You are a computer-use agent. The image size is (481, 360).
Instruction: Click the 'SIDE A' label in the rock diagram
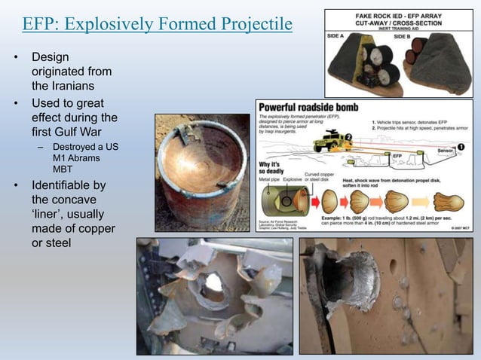pos(337,35)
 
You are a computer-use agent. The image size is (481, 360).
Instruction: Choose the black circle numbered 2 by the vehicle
pos(348,137)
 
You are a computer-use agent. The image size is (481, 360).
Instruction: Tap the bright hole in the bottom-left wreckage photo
pos(213,282)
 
